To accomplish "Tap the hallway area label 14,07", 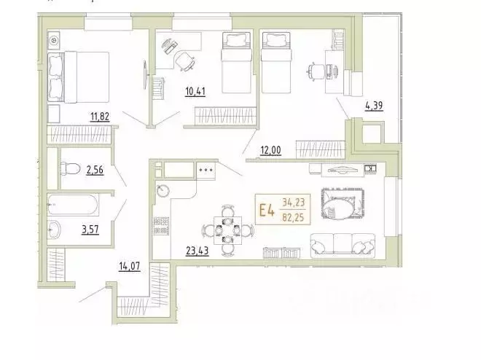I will (129, 265).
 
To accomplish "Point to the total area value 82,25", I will (294, 217).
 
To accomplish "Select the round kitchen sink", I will (163, 191).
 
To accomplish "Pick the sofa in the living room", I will (340, 242).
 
